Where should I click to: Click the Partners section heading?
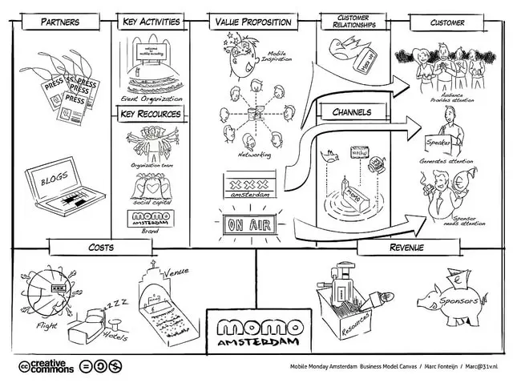pyautogui.click(x=61, y=22)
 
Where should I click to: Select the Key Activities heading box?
pyautogui.click(x=151, y=22)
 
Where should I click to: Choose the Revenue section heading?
pyautogui.click(x=406, y=247)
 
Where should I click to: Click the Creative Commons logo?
pyautogui.click(x=46, y=367)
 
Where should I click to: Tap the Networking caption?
pyautogui.click(x=254, y=154)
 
